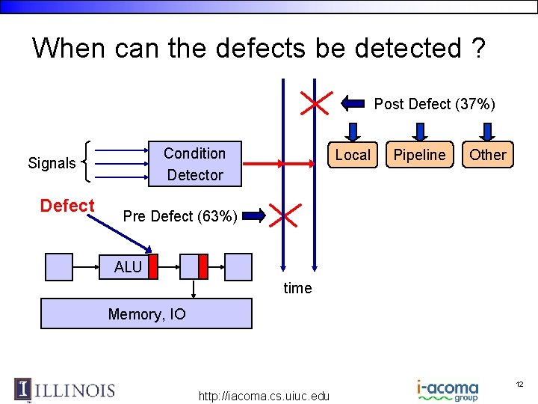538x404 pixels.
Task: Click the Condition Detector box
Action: (194, 164)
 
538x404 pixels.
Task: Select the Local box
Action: (353, 155)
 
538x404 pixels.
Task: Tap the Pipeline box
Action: (419, 155)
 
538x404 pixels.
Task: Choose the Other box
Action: (487, 155)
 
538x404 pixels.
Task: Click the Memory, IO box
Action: (146, 314)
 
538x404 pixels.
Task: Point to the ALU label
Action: (128, 267)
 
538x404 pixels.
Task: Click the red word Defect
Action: (67, 206)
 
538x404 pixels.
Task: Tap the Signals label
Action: (52, 163)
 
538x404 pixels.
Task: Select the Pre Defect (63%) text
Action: (180, 217)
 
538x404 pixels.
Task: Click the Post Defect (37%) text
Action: (434, 104)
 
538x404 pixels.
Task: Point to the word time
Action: (297, 288)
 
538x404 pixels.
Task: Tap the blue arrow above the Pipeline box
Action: (420, 132)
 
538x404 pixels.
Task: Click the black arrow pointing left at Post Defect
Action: (354, 103)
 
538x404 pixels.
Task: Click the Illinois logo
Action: (65, 390)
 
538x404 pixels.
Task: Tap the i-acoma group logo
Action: (448, 391)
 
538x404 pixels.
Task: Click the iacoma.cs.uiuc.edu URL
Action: (264, 396)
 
